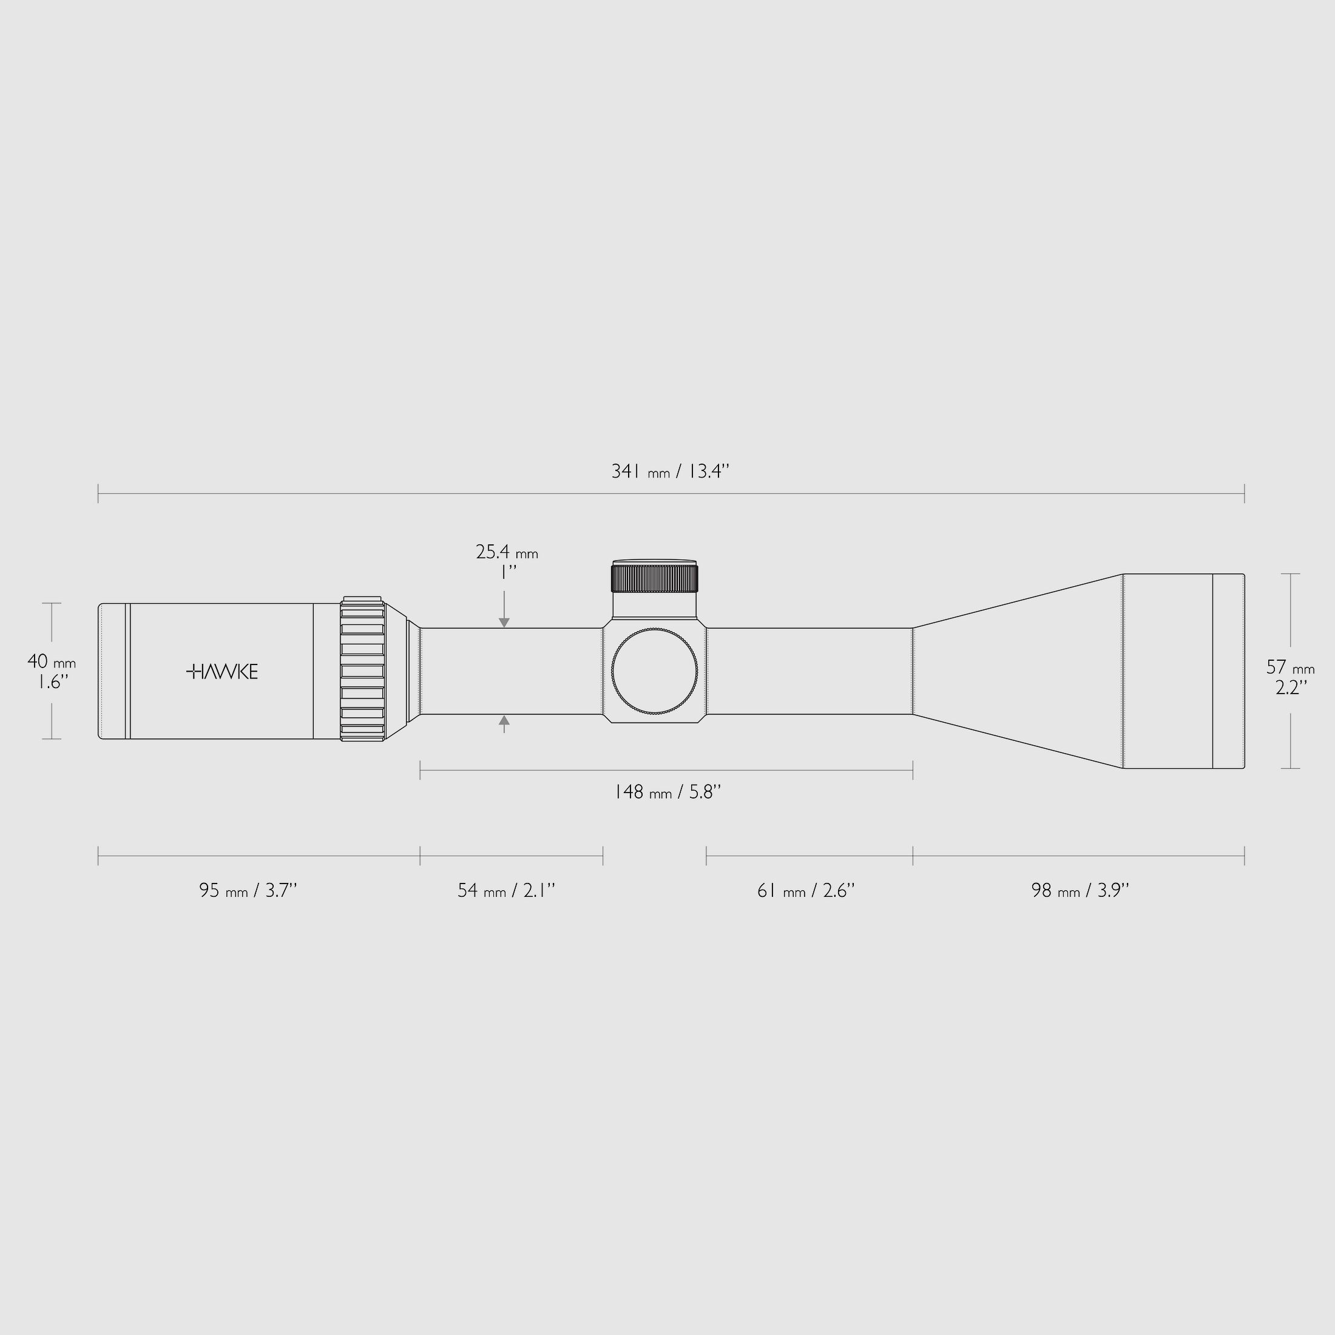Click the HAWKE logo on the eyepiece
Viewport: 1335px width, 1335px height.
click(x=223, y=672)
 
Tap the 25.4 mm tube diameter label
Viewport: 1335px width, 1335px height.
click(x=507, y=552)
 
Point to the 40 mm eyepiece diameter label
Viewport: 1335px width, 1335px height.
click(x=51, y=662)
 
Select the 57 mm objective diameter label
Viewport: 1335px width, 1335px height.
click(x=1289, y=667)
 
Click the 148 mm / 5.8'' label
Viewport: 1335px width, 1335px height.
click(x=667, y=792)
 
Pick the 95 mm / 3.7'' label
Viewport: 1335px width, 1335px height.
click(x=248, y=891)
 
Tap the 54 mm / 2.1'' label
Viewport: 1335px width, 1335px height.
click(x=506, y=891)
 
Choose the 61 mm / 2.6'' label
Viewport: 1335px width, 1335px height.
click(x=806, y=891)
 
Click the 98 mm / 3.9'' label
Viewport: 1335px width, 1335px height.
click(x=1080, y=891)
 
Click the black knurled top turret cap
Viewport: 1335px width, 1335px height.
click(x=654, y=578)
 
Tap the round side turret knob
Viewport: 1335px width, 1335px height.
click(x=654, y=671)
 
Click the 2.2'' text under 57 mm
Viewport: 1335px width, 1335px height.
click(x=1290, y=688)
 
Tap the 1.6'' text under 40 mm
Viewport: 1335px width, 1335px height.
click(x=53, y=683)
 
